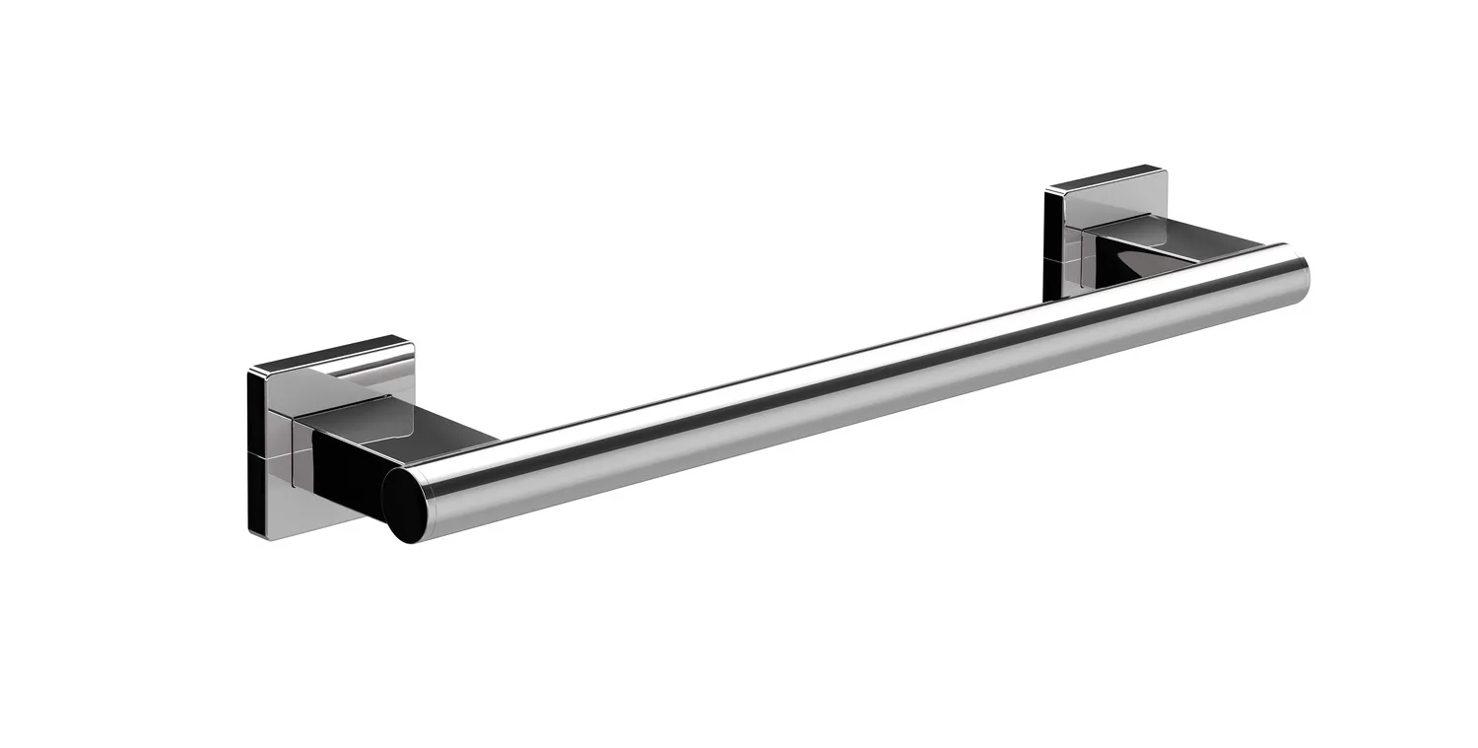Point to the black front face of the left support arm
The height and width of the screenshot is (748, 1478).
tap(345, 473)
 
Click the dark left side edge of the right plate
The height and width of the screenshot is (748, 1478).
tap(1047, 241)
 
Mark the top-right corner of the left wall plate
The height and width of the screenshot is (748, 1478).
tap(411, 340)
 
